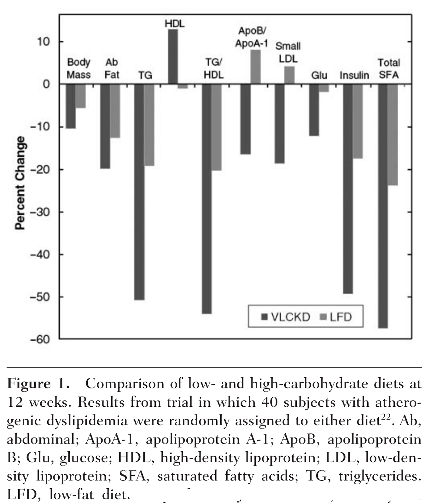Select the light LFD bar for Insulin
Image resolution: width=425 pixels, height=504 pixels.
click(x=358, y=121)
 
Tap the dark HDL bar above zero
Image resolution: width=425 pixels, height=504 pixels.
click(x=173, y=57)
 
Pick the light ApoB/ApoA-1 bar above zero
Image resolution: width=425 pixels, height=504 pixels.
click(x=256, y=66)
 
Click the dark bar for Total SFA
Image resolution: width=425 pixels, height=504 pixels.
click(x=383, y=206)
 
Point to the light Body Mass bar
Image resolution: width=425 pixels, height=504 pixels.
click(x=81, y=96)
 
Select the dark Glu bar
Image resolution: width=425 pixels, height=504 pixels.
click(x=314, y=110)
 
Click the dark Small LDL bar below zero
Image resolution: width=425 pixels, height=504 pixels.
click(x=279, y=123)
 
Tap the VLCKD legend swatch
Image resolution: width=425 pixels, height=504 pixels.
click(x=265, y=317)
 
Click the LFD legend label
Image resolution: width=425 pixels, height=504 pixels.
click(x=341, y=317)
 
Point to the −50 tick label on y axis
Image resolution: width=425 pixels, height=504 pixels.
click(x=40, y=297)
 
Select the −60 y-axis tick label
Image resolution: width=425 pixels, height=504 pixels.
click(x=40, y=339)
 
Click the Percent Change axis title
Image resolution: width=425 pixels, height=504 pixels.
click(x=20, y=183)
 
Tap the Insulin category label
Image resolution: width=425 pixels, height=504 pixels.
click(x=354, y=75)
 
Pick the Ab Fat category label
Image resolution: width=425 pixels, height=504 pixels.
click(x=112, y=69)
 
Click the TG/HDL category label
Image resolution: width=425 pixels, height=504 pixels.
click(x=214, y=68)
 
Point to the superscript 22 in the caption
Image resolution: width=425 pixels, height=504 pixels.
click(x=386, y=418)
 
